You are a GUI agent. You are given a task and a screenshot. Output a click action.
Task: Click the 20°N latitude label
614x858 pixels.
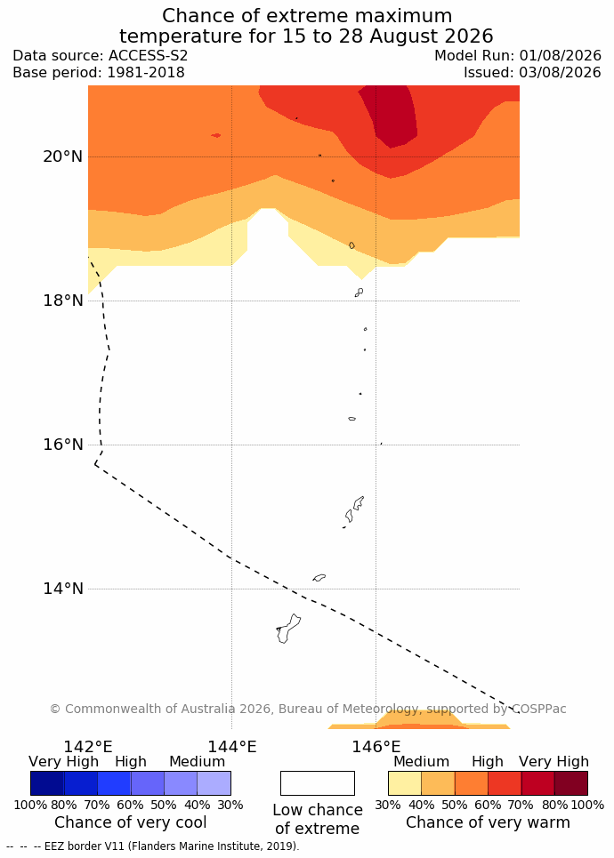coord(63,156)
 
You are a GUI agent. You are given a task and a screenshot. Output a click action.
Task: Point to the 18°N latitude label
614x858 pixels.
coord(63,301)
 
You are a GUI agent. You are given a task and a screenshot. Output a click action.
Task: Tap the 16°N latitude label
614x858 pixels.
coord(63,445)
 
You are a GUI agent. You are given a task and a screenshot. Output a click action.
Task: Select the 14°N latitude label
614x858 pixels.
coord(63,589)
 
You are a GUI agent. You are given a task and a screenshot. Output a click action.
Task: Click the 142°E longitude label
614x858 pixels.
coord(88,746)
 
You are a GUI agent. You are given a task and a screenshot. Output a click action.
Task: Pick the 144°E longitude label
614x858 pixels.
coord(232,746)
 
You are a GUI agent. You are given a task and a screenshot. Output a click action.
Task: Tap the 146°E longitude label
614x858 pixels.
coord(376,746)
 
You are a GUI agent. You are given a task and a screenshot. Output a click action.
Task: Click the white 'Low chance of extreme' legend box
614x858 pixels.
coord(318,783)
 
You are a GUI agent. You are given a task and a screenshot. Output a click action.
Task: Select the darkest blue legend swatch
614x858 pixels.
coord(47,783)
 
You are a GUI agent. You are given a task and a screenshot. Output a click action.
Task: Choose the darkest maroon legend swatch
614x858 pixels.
coord(571,783)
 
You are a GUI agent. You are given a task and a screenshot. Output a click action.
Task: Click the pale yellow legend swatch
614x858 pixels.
coord(405,783)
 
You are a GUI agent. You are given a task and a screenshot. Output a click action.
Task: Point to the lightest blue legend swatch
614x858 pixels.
coord(214,783)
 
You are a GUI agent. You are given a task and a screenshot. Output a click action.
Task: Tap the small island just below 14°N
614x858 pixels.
coord(319,577)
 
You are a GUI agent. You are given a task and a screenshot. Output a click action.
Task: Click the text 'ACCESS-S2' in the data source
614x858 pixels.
coord(148,56)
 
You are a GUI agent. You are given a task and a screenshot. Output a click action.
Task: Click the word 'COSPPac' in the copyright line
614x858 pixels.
coord(539,709)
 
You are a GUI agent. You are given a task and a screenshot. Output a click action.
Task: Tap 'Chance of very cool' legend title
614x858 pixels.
coord(130,822)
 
